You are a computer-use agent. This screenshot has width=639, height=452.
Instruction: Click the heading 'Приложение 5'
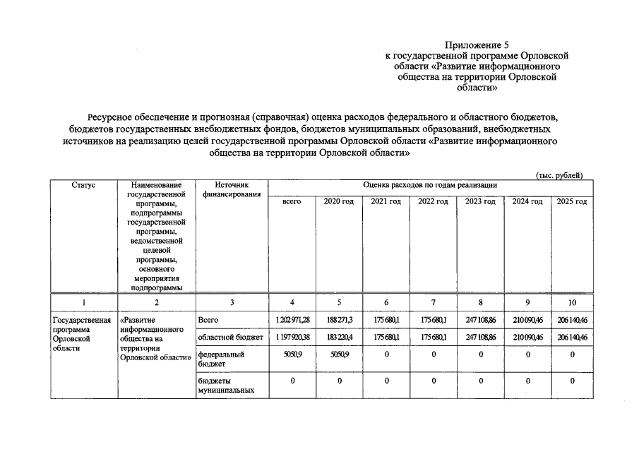[x=477, y=44]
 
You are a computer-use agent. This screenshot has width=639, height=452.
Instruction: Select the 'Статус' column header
[x=84, y=185]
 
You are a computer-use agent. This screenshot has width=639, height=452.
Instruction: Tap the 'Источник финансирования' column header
[x=232, y=189]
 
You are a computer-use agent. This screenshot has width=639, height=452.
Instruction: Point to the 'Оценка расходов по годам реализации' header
[x=430, y=185]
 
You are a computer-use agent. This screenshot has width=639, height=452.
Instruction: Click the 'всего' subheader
[x=292, y=202]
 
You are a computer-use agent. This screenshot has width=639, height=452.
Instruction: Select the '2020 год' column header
[x=338, y=202]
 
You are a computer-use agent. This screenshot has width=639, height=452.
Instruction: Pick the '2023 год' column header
[x=480, y=202]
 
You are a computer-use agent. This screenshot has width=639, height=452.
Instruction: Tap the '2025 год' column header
[x=572, y=202]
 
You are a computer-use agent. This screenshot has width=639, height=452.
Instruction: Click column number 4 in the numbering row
[x=292, y=302]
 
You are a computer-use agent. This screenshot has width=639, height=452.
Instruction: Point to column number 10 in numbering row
[x=572, y=302]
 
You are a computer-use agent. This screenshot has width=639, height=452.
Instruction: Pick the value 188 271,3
[x=339, y=321]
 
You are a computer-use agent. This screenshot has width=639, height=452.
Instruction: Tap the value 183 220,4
[x=339, y=338]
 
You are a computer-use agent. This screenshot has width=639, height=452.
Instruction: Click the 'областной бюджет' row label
[x=231, y=338]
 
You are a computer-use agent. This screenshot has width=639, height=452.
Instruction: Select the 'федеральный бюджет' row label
[x=221, y=359]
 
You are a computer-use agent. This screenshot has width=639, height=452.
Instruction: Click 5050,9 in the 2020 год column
[x=339, y=355]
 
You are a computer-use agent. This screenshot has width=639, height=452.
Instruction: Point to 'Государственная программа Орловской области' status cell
[x=82, y=334]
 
